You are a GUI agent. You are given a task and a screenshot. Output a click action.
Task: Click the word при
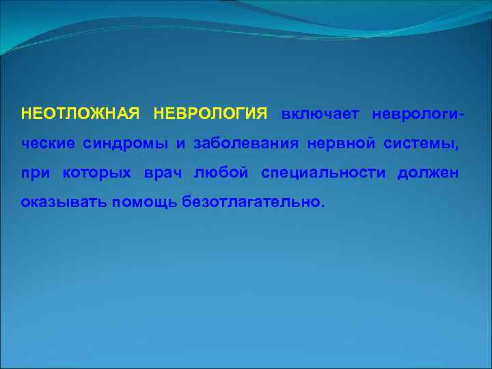35,174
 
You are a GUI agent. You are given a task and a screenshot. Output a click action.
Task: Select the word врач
164,174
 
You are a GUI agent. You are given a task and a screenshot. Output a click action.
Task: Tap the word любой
221,174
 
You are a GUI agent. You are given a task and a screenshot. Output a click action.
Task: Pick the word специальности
323,174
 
